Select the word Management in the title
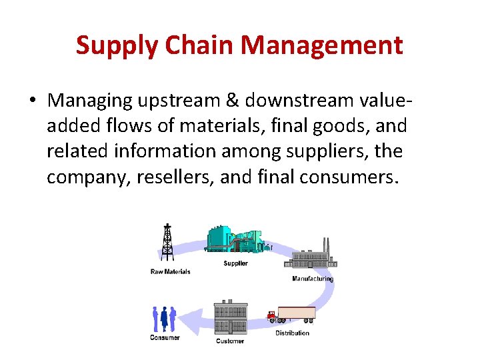[322, 46]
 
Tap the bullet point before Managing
[32, 101]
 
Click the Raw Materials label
[170, 271]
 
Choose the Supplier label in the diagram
[235, 263]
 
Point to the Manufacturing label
[312, 279]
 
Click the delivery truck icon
[292, 315]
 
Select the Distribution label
[292, 333]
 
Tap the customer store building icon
[231, 318]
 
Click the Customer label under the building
[231, 341]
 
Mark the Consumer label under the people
[165, 337]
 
